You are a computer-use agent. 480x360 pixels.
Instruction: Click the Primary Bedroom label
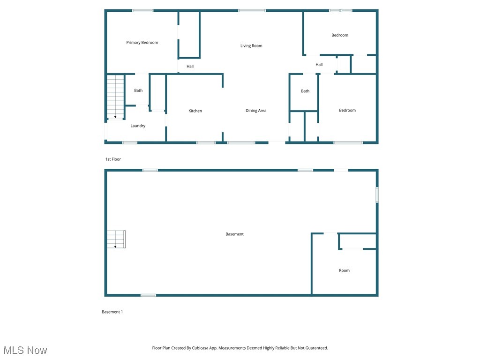pyautogui.click(x=142, y=43)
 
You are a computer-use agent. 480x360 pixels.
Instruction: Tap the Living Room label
pyautogui.click(x=251, y=46)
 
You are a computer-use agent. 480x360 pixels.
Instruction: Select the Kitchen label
pyautogui.click(x=195, y=111)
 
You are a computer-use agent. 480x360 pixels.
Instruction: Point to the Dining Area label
pyautogui.click(x=256, y=111)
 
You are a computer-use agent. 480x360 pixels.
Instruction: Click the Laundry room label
pyautogui.click(x=138, y=126)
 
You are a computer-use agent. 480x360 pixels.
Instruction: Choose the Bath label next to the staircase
pyautogui.click(x=138, y=90)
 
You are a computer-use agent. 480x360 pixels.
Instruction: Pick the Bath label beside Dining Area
pyautogui.click(x=305, y=91)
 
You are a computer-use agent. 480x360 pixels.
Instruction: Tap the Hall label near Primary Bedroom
pyautogui.click(x=190, y=67)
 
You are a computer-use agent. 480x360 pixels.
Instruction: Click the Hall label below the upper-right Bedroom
pyautogui.click(x=319, y=65)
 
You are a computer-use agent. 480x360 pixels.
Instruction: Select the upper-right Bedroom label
pyautogui.click(x=340, y=35)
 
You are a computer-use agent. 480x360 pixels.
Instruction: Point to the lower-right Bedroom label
pyautogui.click(x=347, y=111)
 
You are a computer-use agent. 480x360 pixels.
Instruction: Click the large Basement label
pyautogui.click(x=234, y=234)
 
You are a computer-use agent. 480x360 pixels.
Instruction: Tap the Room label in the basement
pyautogui.click(x=344, y=270)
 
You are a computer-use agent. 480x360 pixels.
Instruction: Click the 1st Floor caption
pyautogui.click(x=113, y=159)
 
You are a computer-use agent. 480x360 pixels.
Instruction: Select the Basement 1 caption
pyautogui.click(x=112, y=312)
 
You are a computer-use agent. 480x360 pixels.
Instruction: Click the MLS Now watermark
pyautogui.click(x=25, y=350)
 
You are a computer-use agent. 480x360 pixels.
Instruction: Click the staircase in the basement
pyautogui.click(x=116, y=239)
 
